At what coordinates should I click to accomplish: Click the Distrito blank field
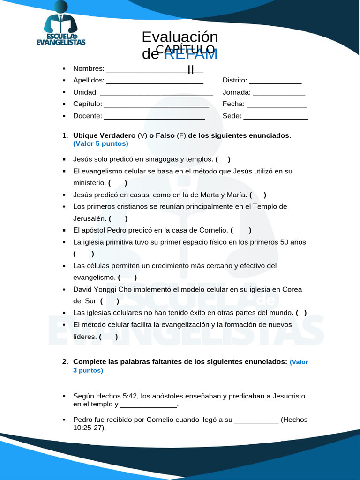point(275,81)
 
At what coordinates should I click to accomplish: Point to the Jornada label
point(236,92)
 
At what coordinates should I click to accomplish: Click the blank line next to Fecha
point(277,104)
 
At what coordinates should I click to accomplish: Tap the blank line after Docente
point(156,116)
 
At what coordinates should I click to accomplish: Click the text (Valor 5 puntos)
point(100,143)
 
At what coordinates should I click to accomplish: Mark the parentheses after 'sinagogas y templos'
point(223,159)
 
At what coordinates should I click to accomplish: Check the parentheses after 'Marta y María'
point(258,195)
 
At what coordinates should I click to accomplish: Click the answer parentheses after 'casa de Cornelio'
point(241,230)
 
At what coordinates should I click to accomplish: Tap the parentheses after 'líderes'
point(108,337)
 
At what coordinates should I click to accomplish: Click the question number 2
point(65,362)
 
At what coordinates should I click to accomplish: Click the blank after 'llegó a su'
point(256,420)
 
